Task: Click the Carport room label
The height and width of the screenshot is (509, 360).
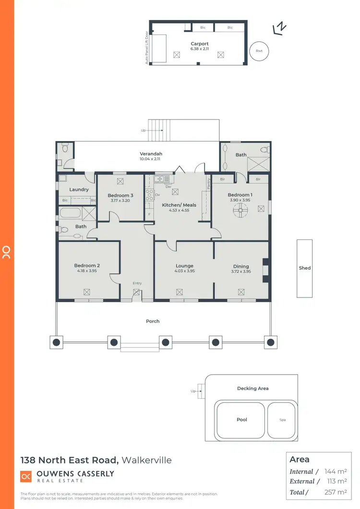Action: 199,44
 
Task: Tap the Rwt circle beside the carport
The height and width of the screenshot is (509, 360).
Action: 259,51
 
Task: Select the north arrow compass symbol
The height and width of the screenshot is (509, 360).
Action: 279,29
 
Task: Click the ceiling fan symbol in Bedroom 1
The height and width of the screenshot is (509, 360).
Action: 240,209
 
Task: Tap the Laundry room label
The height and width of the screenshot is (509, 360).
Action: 79,189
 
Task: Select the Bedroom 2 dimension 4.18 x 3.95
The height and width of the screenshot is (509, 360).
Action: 86,271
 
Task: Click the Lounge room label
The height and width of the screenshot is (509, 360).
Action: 184,266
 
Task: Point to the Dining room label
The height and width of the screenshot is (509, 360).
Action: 241,266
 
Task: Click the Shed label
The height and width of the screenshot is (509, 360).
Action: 305,268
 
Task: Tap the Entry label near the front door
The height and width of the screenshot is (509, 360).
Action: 137,283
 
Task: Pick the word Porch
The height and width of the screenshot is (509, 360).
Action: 153,321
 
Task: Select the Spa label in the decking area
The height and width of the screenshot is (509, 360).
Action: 283,420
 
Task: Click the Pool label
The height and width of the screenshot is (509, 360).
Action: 242,419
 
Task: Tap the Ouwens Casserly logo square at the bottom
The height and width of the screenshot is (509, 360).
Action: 25,476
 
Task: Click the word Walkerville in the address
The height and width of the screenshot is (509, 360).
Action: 146,460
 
